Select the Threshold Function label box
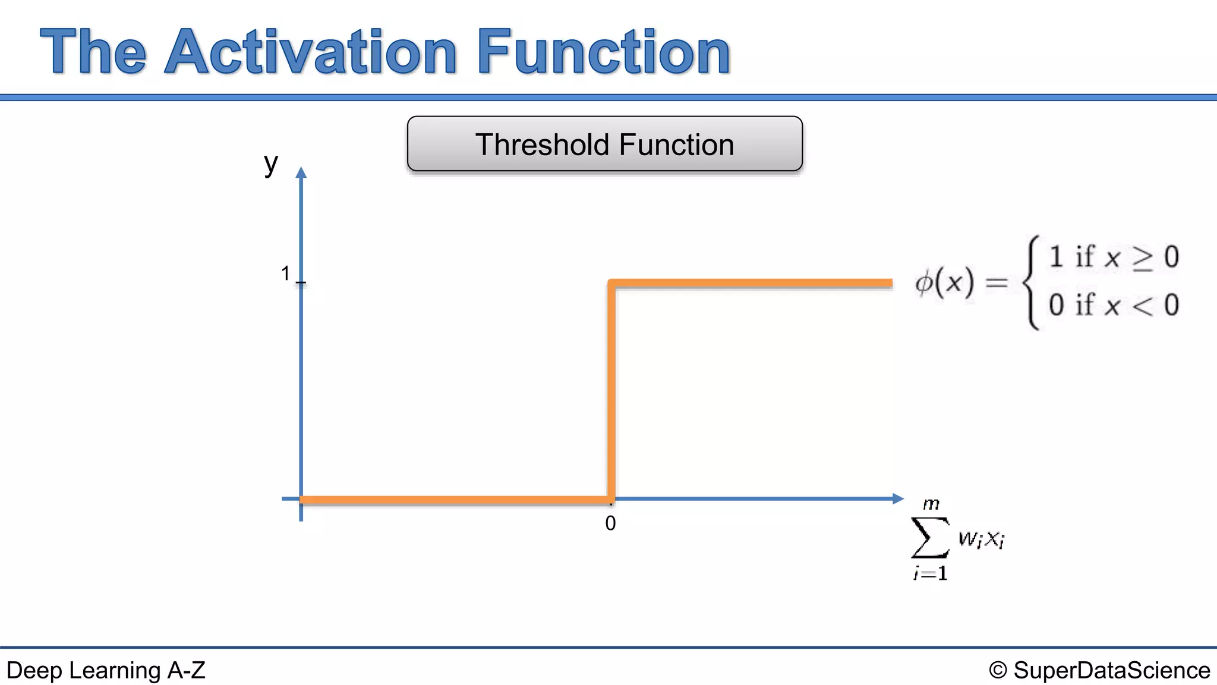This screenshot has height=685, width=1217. [604, 144]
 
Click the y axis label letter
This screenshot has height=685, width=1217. [271, 163]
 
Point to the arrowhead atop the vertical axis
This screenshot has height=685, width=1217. [301, 173]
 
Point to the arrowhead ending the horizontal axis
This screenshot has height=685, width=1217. [898, 499]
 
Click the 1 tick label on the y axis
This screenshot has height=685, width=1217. [285, 274]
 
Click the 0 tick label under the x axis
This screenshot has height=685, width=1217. [610, 524]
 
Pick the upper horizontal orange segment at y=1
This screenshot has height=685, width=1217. [752, 284]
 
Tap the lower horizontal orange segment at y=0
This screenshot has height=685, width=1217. [455, 500]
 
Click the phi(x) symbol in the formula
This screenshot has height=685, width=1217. [944, 283]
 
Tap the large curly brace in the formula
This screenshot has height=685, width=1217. [1032, 283]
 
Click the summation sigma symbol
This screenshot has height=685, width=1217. [929, 538]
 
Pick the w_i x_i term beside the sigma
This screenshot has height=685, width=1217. [981, 539]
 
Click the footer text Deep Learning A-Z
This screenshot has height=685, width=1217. [106, 671]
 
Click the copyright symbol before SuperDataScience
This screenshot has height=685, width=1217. [998, 671]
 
